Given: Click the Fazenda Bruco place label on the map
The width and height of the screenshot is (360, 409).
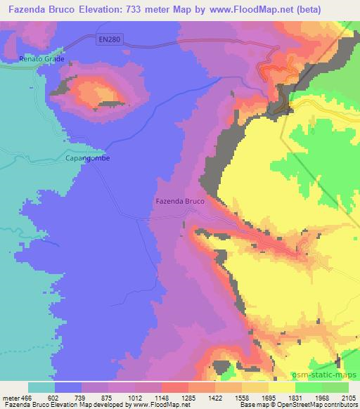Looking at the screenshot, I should (180, 202).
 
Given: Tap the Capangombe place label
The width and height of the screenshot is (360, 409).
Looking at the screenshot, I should (88, 158).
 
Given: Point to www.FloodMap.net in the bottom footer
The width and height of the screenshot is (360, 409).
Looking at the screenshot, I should (152, 405).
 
